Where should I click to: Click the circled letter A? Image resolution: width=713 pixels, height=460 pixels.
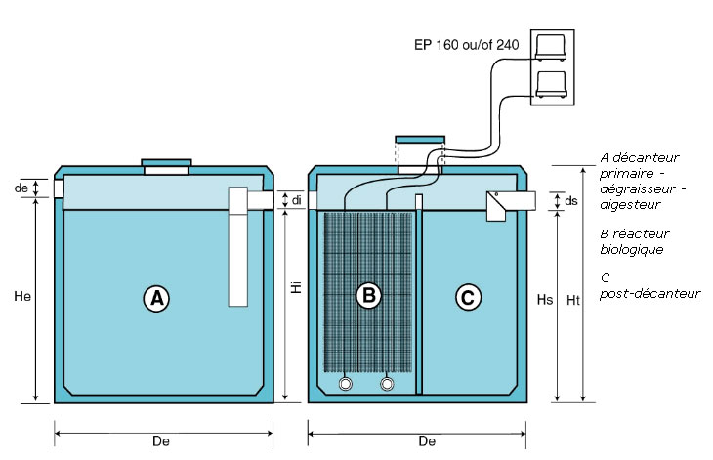click(156, 299)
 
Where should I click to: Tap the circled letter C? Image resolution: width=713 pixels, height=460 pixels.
click(470, 299)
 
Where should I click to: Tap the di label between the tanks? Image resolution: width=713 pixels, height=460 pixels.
click(298, 200)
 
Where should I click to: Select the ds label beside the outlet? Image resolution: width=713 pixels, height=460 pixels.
click(571, 201)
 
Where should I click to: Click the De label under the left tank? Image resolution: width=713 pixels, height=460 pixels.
click(161, 440)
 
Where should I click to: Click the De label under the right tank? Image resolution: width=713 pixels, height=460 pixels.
click(426, 440)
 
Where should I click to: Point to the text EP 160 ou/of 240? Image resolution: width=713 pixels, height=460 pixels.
click(466, 44)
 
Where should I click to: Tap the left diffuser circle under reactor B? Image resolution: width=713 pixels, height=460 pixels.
click(346, 383)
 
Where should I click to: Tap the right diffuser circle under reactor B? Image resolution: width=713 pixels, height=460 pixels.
click(389, 383)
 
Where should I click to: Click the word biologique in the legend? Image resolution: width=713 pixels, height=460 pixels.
click(632, 250)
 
